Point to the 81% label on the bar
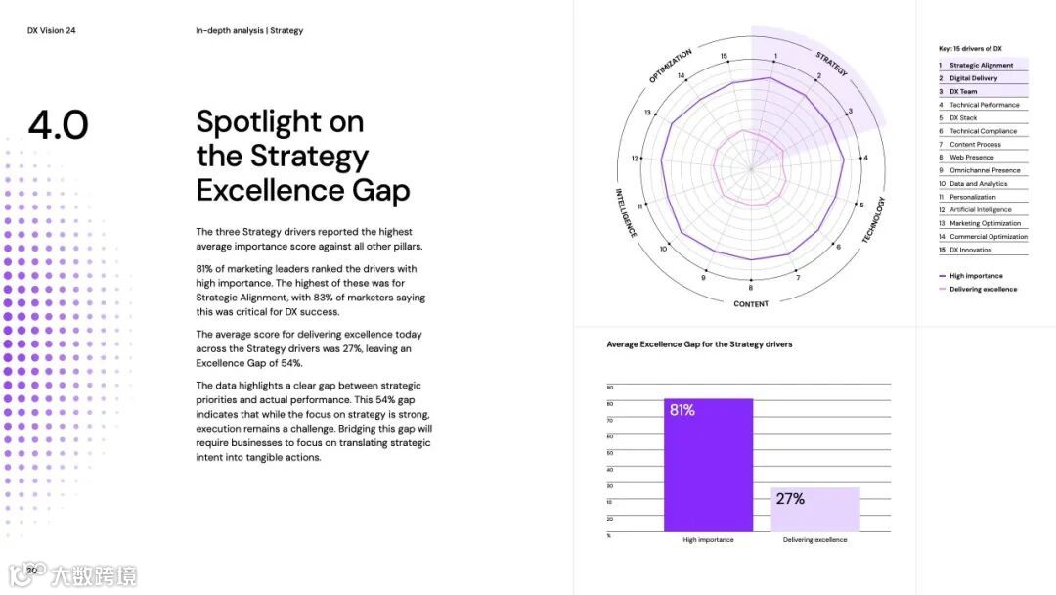pyautogui.click(x=682, y=410)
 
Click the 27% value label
pyautogui.click(x=790, y=499)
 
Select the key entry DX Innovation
pyautogui.click(x=970, y=250)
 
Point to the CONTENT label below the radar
pyautogui.click(x=751, y=304)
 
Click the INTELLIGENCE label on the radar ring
pyautogui.click(x=626, y=212)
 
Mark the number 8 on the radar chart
pyautogui.click(x=751, y=288)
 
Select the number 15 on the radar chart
pyautogui.click(x=724, y=57)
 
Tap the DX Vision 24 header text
pyautogui.click(x=52, y=31)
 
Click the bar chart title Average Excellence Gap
pyautogui.click(x=699, y=344)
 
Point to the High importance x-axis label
pyautogui.click(x=708, y=540)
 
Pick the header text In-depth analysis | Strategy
pyautogui.click(x=249, y=31)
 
